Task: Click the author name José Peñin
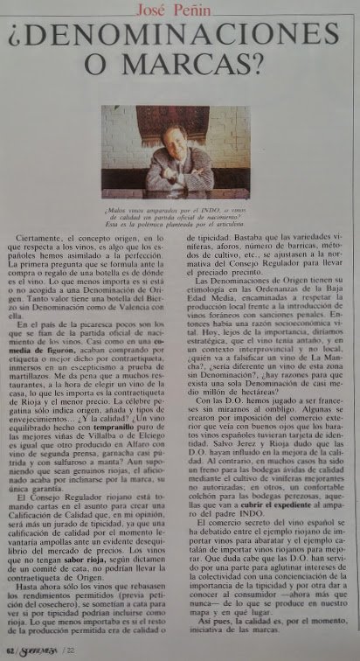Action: (x=180, y=8)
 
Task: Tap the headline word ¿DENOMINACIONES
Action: (x=180, y=39)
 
